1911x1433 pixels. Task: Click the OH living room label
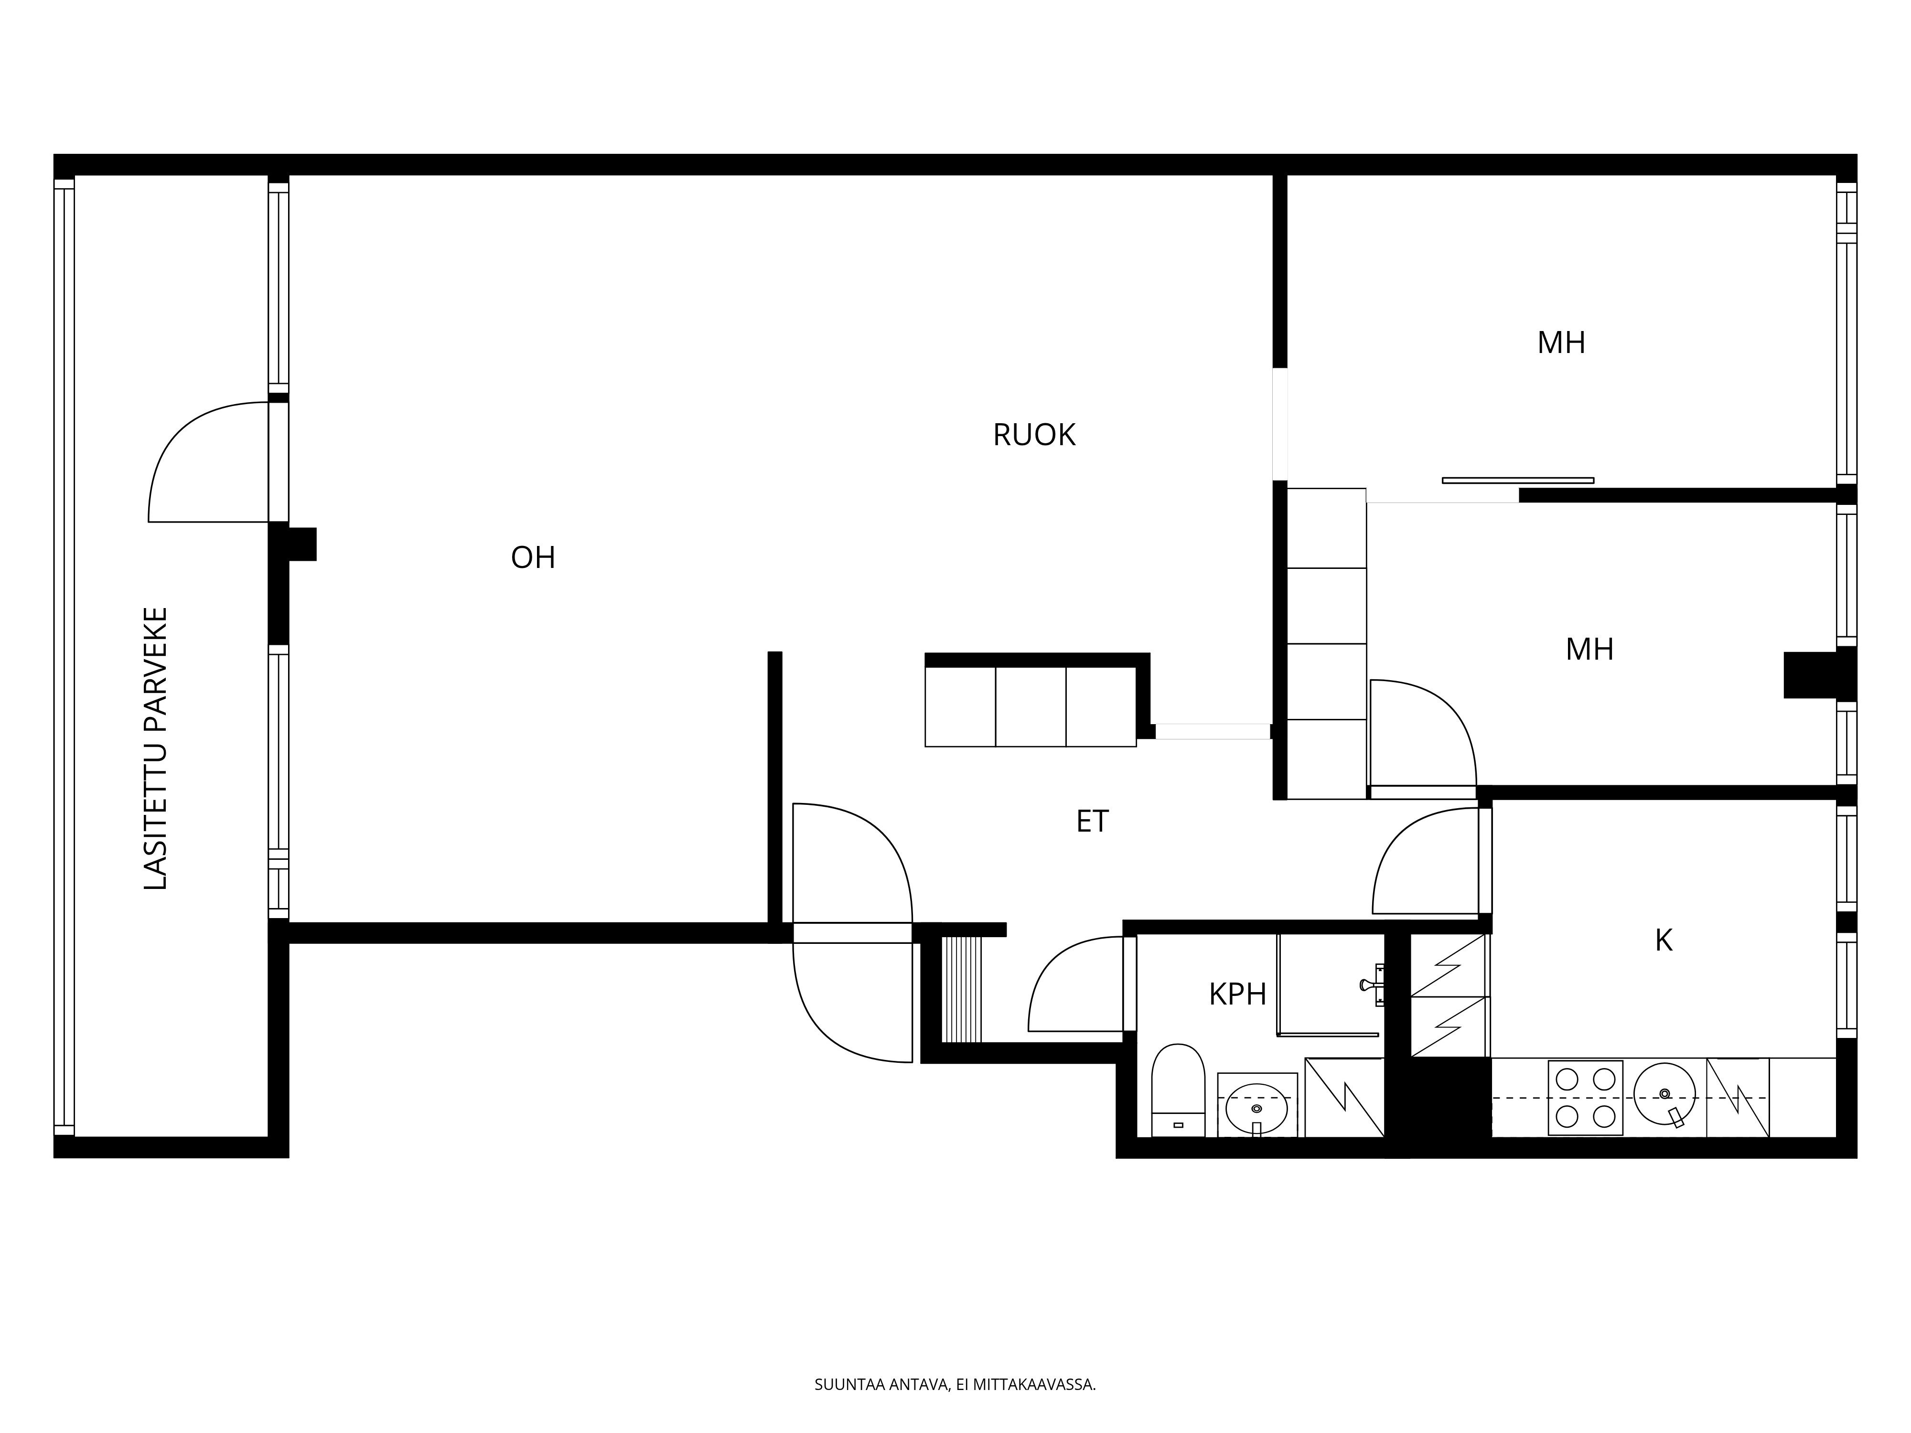(x=533, y=558)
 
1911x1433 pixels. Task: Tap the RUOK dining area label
(x=1034, y=435)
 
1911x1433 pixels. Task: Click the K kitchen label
(x=1663, y=941)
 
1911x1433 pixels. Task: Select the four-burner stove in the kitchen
(x=1585, y=1097)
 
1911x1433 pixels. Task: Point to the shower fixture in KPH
(x=1372, y=984)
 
